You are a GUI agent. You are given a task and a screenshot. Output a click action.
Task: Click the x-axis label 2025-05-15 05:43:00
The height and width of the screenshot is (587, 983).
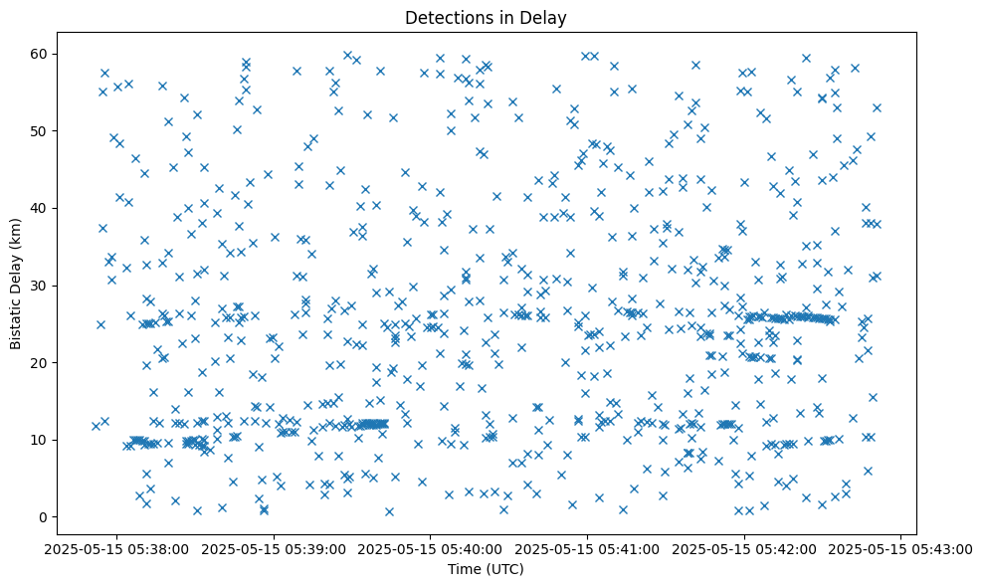901,548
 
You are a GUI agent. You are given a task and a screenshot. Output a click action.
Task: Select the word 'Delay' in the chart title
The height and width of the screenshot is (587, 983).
547,17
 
